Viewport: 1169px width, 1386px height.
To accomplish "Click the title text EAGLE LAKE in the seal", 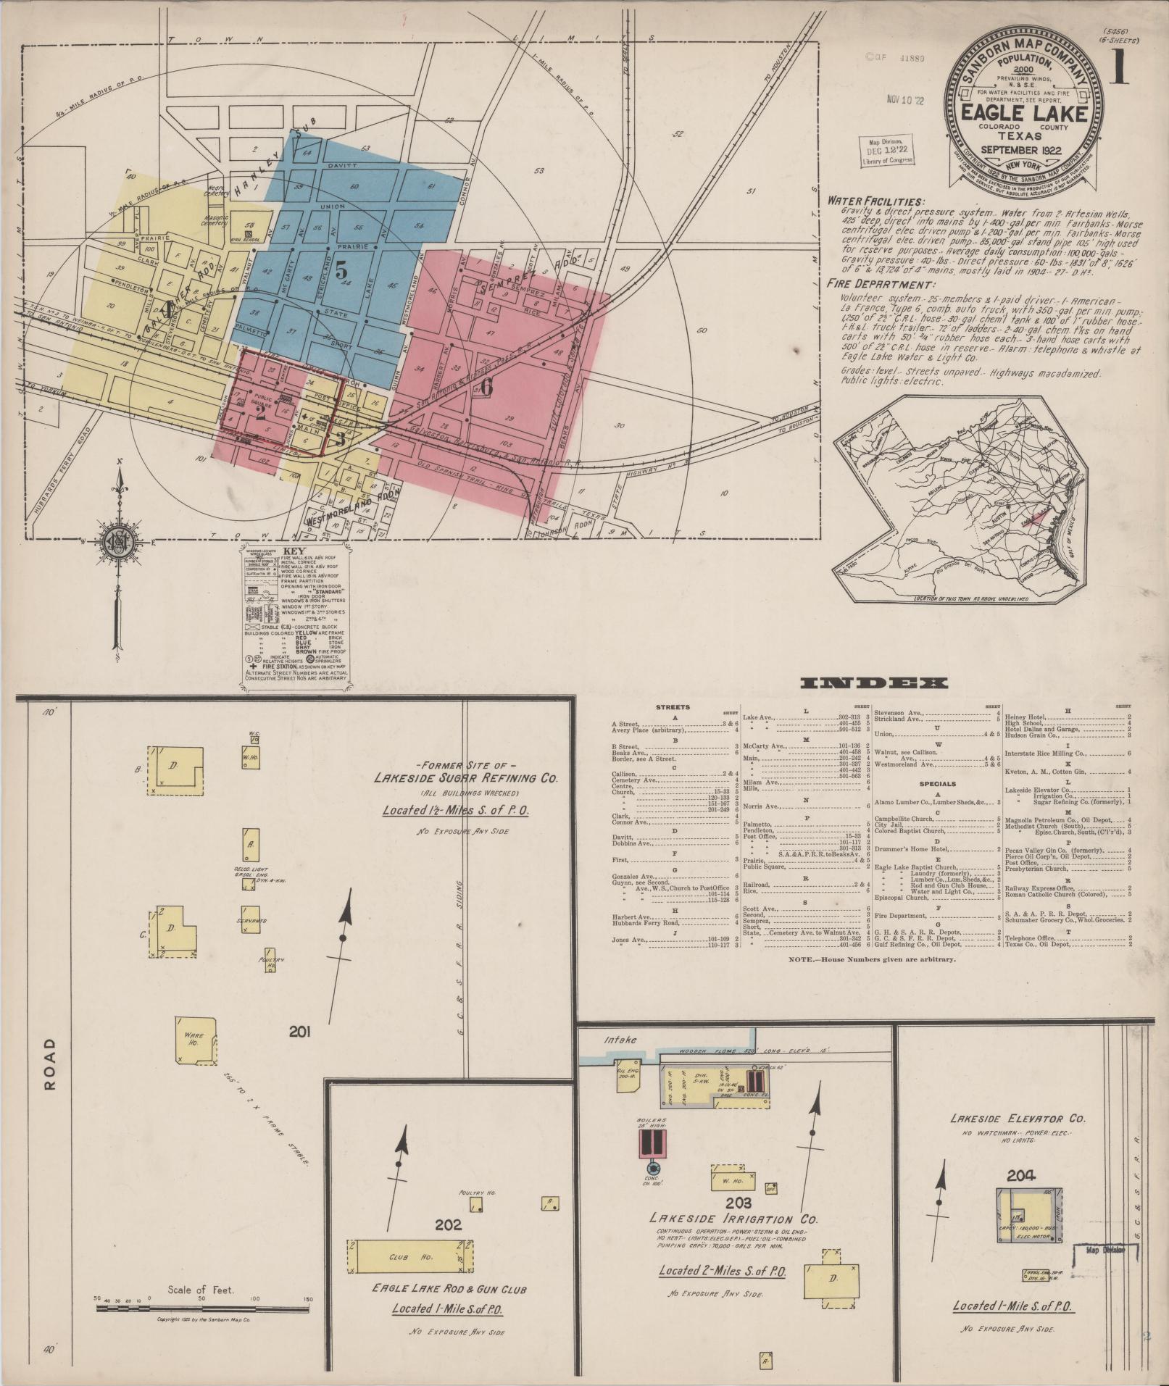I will pyautogui.click(x=1023, y=114).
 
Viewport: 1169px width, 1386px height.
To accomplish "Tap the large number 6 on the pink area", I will pyautogui.click(x=486, y=388).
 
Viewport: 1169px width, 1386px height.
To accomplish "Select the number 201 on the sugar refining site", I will pyautogui.click(x=300, y=1032).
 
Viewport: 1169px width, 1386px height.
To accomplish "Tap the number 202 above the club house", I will pyautogui.click(x=448, y=1224).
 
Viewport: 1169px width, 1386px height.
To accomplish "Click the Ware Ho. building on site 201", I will pyautogui.click(x=196, y=1040).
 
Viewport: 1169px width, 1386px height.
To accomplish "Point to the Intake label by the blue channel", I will pyautogui.click(x=621, y=1040).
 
